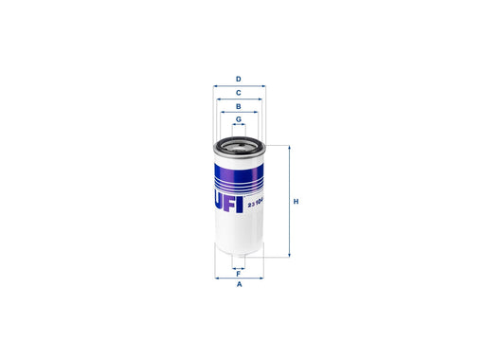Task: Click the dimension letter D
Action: pos(239,79)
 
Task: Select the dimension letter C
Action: pos(239,92)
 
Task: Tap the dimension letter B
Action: pos(239,107)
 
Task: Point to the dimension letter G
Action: pos(239,119)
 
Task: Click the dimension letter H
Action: pos(296,202)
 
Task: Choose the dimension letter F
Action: pos(239,273)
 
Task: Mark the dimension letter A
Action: pos(239,285)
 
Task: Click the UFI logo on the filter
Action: pos(226,199)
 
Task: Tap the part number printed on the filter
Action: pos(255,201)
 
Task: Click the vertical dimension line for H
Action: pos(288,201)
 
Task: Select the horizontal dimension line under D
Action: pos(239,85)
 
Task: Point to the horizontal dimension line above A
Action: pos(239,279)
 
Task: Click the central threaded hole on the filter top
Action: pos(239,145)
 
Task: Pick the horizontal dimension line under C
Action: pos(239,99)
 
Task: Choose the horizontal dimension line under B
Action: pos(239,113)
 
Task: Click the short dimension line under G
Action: pos(239,125)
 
